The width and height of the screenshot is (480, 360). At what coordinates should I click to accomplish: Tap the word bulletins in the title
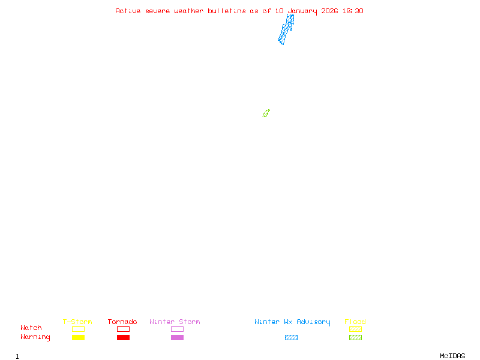(x=227, y=11)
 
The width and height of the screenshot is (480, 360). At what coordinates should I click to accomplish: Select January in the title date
(x=302, y=11)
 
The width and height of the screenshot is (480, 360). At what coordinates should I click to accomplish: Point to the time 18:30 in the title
(x=353, y=11)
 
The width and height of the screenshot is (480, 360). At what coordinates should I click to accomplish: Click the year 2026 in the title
(x=329, y=11)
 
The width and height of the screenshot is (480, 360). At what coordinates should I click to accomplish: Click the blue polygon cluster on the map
(x=286, y=30)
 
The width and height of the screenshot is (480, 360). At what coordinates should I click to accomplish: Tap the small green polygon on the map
(x=266, y=113)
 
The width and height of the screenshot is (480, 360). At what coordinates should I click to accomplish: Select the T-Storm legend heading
(x=77, y=322)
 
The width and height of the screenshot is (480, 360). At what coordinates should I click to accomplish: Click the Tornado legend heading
(x=122, y=322)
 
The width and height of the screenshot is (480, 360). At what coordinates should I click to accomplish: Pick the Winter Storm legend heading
(x=175, y=322)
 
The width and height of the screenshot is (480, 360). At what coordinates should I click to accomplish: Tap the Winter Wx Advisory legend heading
(x=292, y=322)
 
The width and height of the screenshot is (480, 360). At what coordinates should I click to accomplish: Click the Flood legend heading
(x=355, y=322)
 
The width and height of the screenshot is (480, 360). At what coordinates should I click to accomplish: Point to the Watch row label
(x=31, y=328)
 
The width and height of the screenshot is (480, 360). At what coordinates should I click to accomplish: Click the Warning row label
(x=35, y=337)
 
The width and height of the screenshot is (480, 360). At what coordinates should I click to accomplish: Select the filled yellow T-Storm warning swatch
(x=78, y=338)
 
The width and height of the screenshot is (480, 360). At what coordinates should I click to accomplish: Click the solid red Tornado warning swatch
(x=123, y=338)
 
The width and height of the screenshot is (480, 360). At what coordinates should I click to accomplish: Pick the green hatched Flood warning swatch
(x=355, y=338)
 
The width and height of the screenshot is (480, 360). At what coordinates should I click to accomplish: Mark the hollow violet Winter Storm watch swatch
(x=177, y=329)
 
